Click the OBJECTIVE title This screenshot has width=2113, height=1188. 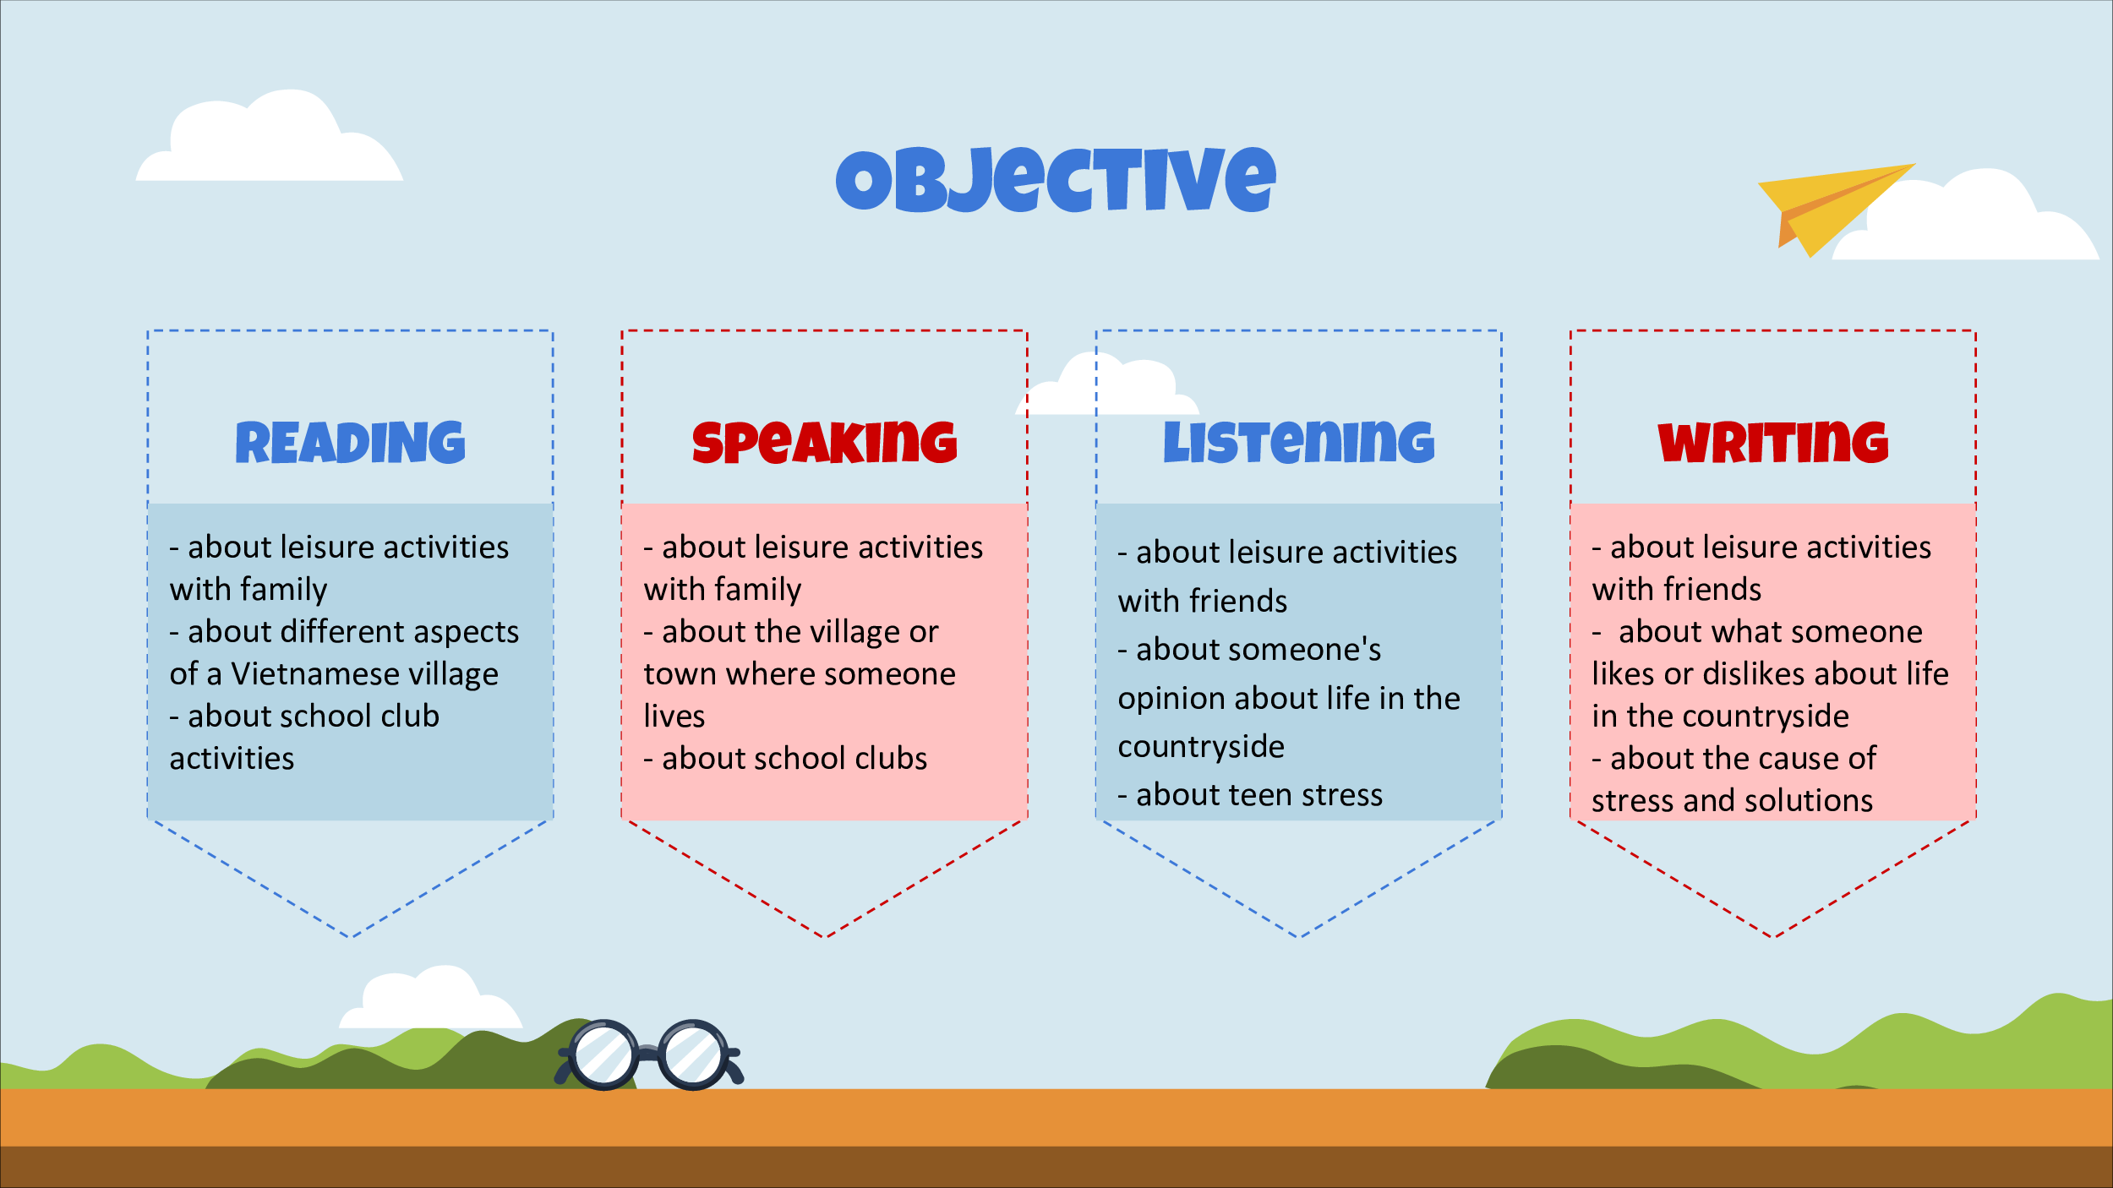tap(1056, 179)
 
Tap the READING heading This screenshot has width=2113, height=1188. tap(350, 442)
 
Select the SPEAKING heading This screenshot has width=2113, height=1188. tap(824, 442)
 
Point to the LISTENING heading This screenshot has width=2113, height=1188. tap(1299, 442)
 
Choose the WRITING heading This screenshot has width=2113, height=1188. tap(1773, 442)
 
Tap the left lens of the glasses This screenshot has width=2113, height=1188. tap(604, 1055)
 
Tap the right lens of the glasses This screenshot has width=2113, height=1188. tap(693, 1055)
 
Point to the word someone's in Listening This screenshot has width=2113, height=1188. tap(1259, 649)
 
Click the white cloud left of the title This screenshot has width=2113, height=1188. tap(270, 135)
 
